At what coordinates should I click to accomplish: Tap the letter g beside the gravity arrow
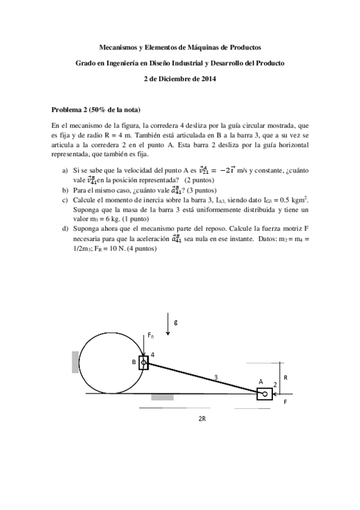(175, 322)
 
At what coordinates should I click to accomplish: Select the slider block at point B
(144, 363)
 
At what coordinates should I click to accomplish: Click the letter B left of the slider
(134, 363)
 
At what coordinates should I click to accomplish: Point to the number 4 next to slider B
(153, 355)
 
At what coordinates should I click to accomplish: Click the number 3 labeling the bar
(215, 376)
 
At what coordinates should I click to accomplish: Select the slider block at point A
(264, 394)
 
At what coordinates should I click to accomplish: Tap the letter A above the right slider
(261, 381)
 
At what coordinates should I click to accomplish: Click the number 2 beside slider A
(275, 383)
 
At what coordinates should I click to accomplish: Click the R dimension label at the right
(285, 378)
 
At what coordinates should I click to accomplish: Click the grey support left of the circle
(75, 361)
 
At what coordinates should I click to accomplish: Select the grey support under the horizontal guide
(162, 397)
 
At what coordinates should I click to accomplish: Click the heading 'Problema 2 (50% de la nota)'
(96, 110)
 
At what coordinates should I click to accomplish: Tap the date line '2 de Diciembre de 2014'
(180, 78)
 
